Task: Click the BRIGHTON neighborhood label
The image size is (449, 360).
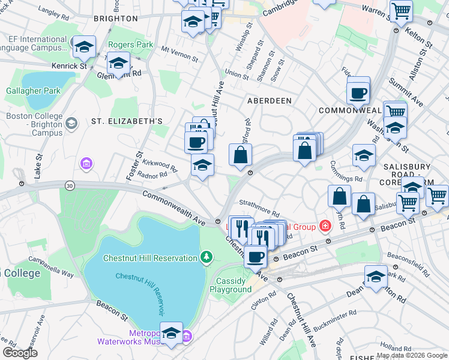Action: pos(116,19)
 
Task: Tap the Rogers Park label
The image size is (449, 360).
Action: pos(130,45)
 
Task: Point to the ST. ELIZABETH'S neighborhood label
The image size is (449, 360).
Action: pos(127,121)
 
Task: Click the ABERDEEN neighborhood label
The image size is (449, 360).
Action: pos(269,101)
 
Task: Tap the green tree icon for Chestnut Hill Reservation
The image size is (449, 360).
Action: pos(206,258)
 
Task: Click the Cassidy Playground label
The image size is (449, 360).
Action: pos(231,285)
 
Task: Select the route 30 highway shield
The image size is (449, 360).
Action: pos(70,187)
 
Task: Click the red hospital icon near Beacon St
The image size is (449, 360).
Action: pos(325,226)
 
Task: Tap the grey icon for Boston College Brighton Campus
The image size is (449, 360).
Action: pos(71,123)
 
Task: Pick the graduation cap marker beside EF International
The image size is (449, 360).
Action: pos(84,46)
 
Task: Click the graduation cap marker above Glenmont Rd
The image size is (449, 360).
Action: pos(119,63)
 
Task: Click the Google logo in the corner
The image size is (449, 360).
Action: pos(20,353)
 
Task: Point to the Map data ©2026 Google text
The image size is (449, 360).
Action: pos(412,355)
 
